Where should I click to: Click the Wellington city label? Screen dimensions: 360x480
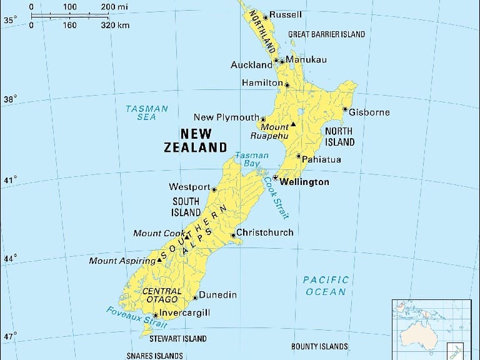304,182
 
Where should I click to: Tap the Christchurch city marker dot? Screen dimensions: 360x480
233,236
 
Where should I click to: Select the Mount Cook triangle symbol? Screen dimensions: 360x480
187,237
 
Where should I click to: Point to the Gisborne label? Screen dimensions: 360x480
369,112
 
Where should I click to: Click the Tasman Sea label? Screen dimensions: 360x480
147,112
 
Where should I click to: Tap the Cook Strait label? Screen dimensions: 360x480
276,197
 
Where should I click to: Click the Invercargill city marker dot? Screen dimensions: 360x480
156,316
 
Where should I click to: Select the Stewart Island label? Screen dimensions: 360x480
177,339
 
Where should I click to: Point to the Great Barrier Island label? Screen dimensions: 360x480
326,34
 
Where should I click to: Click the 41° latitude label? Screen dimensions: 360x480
11,181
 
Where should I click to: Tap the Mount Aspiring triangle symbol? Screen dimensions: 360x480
159,259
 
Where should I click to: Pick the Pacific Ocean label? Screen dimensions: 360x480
325,286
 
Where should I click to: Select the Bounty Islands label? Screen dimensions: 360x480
319,346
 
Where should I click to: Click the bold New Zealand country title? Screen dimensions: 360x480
196,141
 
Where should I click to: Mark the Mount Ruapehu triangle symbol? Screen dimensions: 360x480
292,124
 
